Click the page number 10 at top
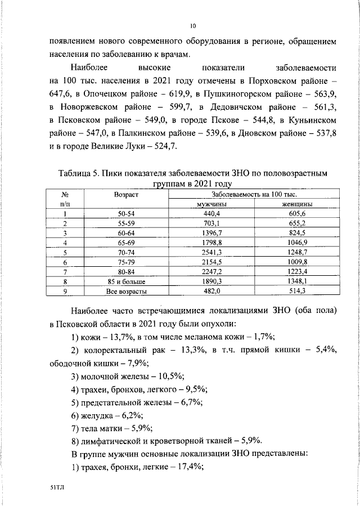coord(193,25)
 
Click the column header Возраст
coord(127,194)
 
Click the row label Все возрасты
coord(127,291)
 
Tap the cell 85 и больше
coord(127,281)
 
